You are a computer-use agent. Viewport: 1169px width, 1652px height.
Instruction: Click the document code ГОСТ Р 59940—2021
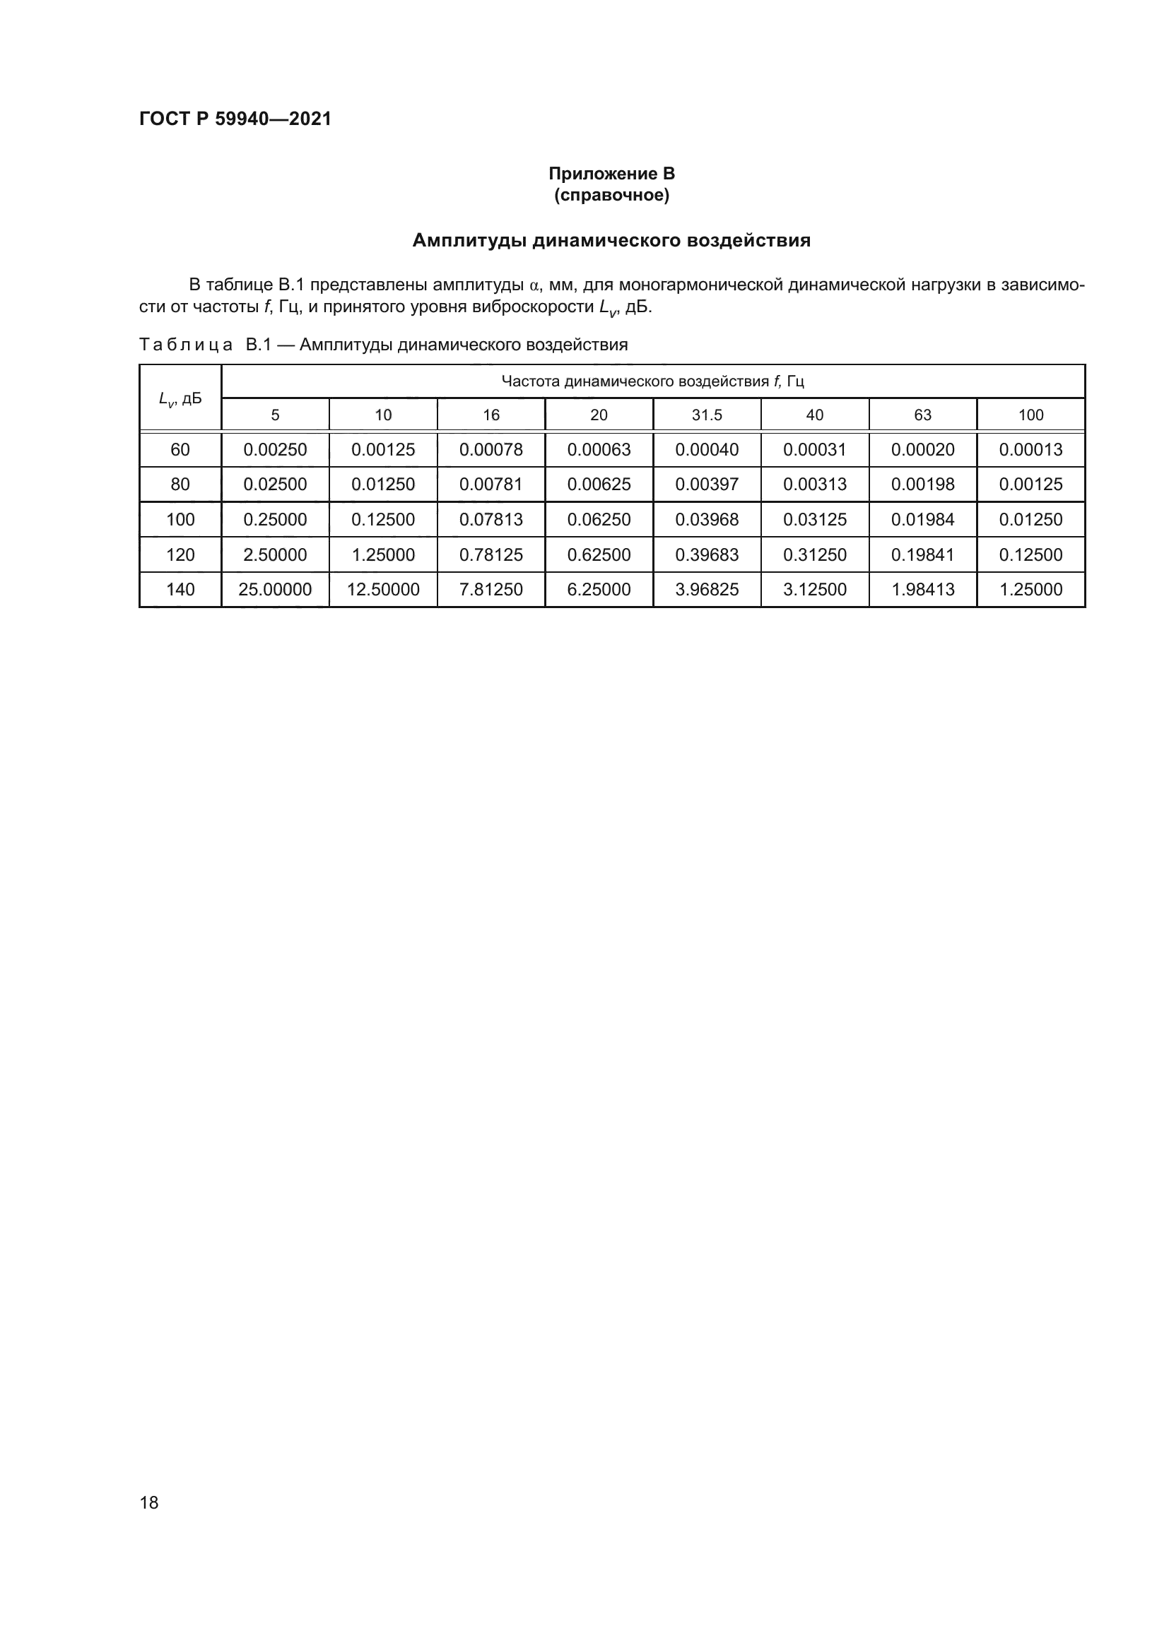pyautogui.click(x=235, y=119)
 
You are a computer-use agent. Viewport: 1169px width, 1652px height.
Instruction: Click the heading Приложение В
pyautogui.click(x=611, y=174)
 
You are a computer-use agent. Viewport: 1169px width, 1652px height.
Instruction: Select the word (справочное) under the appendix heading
pyautogui.click(x=611, y=195)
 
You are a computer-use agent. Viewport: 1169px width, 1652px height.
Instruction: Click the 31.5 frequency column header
pyautogui.click(x=706, y=415)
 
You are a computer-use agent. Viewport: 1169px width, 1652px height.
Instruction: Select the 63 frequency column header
pyautogui.click(x=922, y=415)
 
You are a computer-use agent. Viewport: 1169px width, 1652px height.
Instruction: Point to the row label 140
pyautogui.click(x=180, y=589)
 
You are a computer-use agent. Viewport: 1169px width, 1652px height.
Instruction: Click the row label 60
pyautogui.click(x=180, y=450)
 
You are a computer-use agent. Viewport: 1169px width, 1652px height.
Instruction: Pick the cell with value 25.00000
pyautogui.click(x=275, y=589)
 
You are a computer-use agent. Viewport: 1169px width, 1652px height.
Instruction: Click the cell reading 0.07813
pyautogui.click(x=491, y=520)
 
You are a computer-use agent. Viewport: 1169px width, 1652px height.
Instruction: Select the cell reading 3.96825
pyautogui.click(x=706, y=589)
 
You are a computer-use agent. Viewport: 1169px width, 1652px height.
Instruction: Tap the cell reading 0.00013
pyautogui.click(x=1030, y=450)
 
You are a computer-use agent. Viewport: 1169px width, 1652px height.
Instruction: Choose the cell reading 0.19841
pyautogui.click(x=922, y=554)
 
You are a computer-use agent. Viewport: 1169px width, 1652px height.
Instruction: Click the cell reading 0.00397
pyautogui.click(x=706, y=485)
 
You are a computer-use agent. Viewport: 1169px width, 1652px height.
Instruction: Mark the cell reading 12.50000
pyautogui.click(x=383, y=589)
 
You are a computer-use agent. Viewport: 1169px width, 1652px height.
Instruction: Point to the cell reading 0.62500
pyautogui.click(x=598, y=554)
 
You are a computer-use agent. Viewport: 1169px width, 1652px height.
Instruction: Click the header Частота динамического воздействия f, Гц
pyautogui.click(x=652, y=381)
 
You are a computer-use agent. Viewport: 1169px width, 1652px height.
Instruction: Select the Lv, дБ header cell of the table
pyautogui.click(x=180, y=398)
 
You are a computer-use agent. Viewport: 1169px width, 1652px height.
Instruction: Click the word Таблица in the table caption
pyautogui.click(x=185, y=345)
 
